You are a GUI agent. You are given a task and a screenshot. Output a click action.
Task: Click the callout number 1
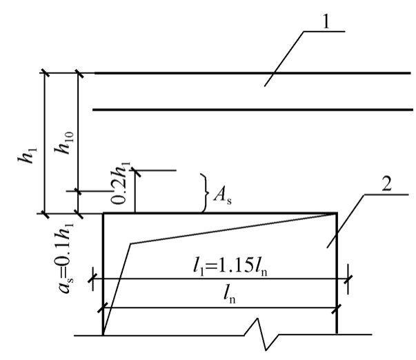(x=326, y=21)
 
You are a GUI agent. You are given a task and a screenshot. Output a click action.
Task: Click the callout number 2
(x=386, y=183)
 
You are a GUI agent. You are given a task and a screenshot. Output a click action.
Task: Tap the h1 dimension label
(x=28, y=155)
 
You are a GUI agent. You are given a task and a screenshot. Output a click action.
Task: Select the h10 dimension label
(x=64, y=143)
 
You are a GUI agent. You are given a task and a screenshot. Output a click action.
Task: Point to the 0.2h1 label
(x=120, y=183)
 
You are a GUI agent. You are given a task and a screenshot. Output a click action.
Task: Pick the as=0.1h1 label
(x=64, y=258)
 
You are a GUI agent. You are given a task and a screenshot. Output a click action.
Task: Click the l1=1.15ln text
(x=230, y=267)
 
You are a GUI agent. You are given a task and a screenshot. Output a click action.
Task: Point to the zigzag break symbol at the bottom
(x=261, y=334)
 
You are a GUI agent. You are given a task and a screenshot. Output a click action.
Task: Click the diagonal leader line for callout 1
(x=284, y=59)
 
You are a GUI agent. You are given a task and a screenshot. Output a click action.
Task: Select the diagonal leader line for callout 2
(x=346, y=221)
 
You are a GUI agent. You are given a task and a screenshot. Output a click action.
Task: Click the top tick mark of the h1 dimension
(x=44, y=72)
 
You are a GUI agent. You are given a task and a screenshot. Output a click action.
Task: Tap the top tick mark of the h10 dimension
(x=79, y=73)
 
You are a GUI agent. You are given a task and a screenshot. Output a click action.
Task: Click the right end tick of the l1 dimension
(x=348, y=279)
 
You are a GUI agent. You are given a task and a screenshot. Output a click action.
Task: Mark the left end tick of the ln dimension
(x=102, y=308)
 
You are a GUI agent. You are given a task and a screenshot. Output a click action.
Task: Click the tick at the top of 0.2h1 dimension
(x=135, y=170)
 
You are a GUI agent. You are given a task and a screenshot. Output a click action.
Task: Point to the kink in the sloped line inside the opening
(x=130, y=243)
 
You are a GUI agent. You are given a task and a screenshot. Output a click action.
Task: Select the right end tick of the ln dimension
(x=337, y=308)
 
